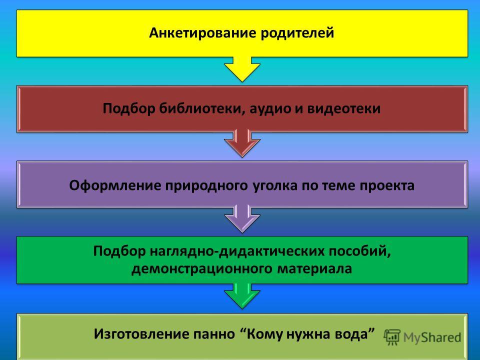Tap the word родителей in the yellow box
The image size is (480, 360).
tap(297, 33)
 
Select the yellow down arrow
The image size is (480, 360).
tap(242, 69)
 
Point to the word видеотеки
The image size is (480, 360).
tap(344, 108)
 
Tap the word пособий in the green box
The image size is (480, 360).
tap(360, 251)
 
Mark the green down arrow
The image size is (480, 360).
tap(242, 296)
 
